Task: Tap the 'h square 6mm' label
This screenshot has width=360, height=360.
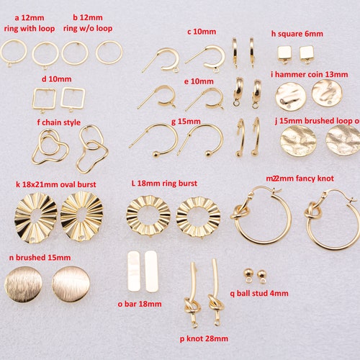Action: pyautogui.click(x=297, y=33)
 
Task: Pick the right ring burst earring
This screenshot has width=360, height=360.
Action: pyautogui.click(x=198, y=216)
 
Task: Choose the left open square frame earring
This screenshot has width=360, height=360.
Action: pyautogui.click(x=45, y=99)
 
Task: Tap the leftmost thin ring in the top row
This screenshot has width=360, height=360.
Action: pyautogui.click(x=14, y=52)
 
